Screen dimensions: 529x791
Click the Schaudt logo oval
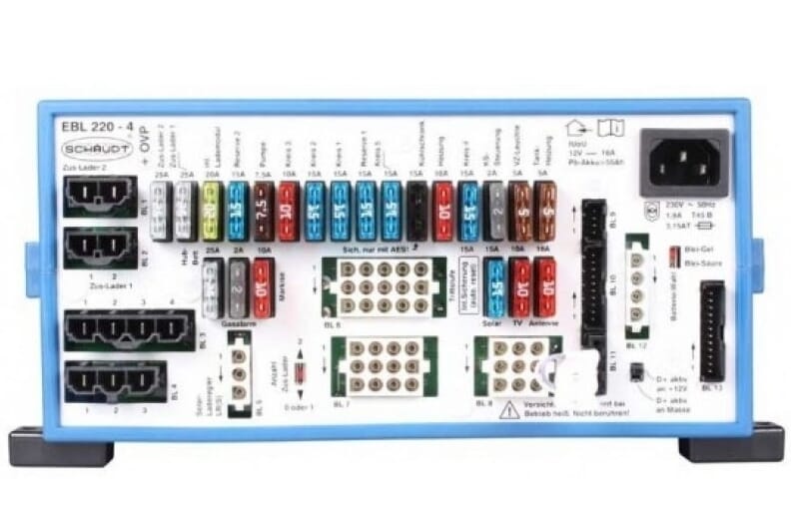click(87, 149)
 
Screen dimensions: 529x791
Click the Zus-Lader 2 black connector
click(99, 196)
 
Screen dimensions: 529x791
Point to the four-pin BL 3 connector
click(129, 329)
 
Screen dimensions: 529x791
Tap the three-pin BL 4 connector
click(115, 380)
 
